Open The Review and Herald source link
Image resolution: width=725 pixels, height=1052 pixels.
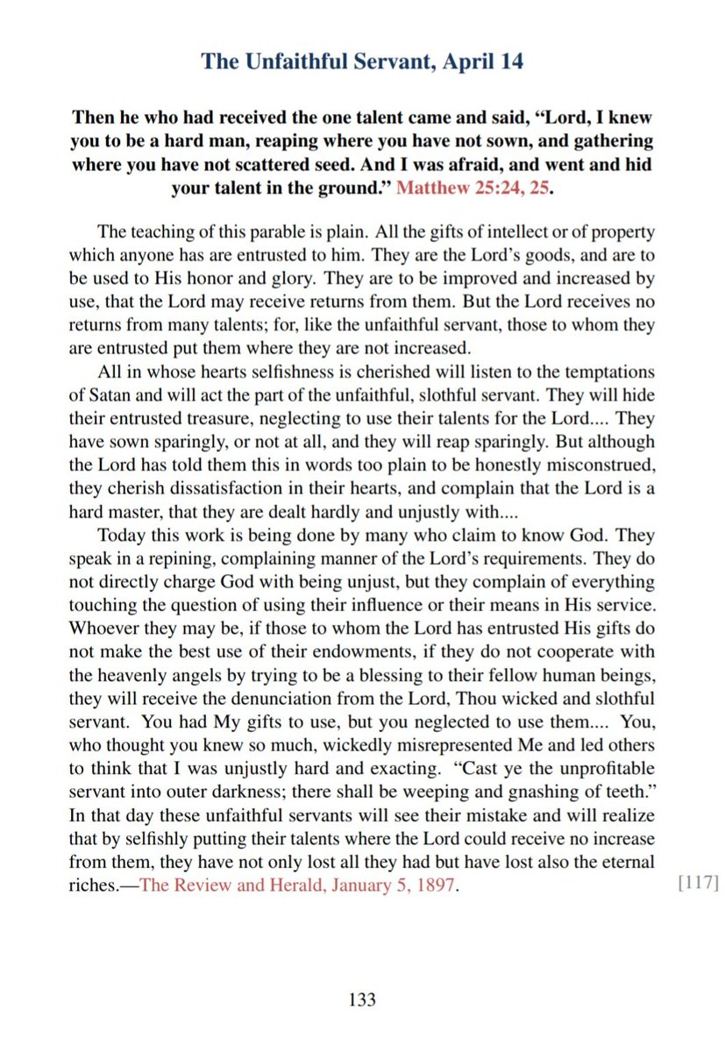[299, 885]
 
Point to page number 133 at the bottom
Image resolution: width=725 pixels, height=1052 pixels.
[362, 999]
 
